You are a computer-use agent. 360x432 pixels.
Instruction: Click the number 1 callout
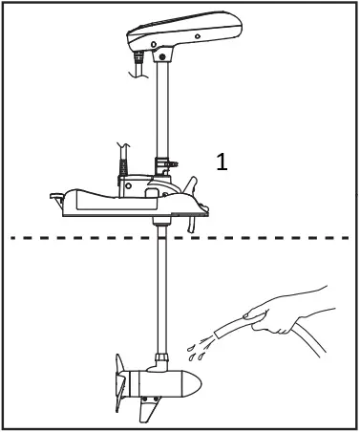coord(222,162)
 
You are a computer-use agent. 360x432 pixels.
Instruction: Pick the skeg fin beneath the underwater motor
coord(148,411)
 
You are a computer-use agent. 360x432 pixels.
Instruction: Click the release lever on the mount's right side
coord(195,185)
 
